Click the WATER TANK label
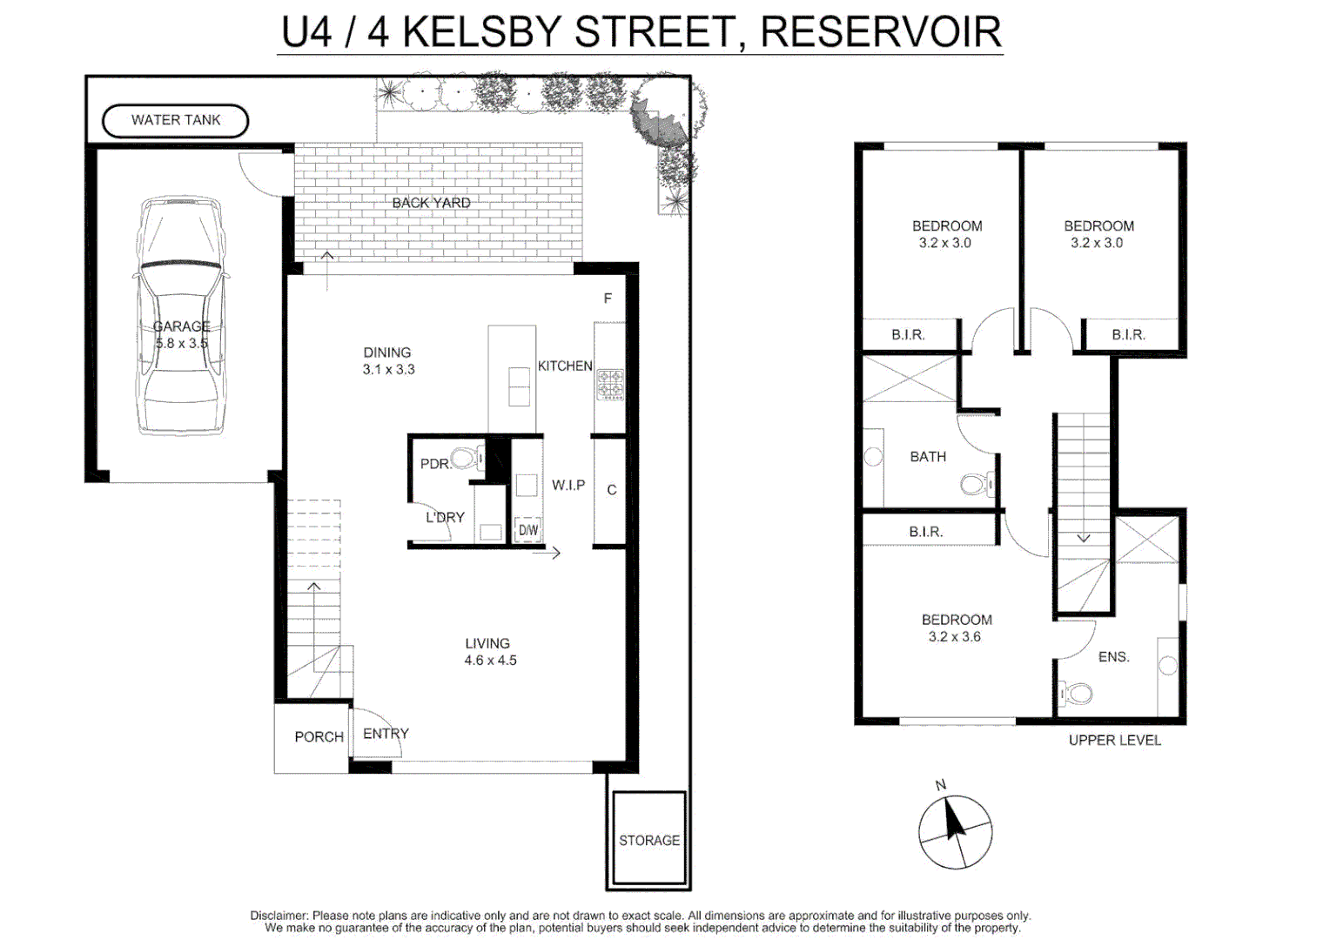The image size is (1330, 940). pos(176,120)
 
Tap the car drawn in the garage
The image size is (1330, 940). pos(181,315)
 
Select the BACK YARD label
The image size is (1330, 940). pos(431,203)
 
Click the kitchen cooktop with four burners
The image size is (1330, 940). pos(610,384)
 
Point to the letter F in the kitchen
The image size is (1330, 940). pos(608,299)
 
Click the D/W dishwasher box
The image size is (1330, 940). pos(527,530)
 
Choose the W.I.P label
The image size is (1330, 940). pos(568,485)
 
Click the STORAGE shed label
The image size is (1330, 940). pos(649,840)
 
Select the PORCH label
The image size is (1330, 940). pos(319,736)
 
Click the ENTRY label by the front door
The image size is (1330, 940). pos(386,734)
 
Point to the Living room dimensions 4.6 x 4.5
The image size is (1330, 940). pos(490,661)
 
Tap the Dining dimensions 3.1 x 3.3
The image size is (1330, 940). pos(388,369)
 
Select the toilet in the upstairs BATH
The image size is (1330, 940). pos(976,484)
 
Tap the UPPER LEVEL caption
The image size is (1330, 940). pos(1114,740)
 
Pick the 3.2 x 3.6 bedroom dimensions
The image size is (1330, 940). pos(954,636)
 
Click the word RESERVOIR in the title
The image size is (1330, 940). pos(880,32)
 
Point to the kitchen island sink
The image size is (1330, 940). pos(519,386)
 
